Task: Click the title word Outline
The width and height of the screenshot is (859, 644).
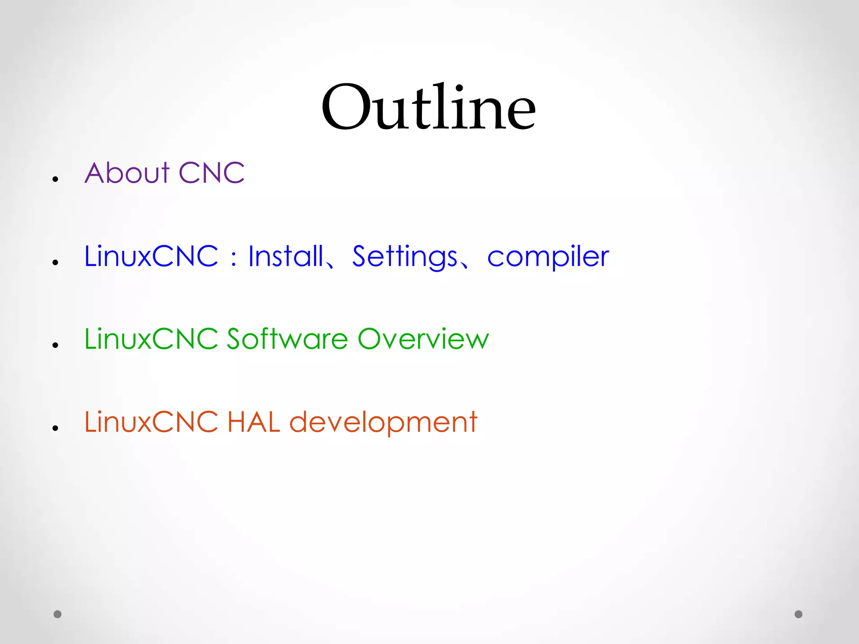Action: point(428,107)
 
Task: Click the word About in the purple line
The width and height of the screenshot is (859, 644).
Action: point(127,173)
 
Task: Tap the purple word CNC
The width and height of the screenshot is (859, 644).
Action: point(211,173)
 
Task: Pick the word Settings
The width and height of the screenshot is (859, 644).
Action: point(405,257)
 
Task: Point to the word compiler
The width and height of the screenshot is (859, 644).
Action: point(548,257)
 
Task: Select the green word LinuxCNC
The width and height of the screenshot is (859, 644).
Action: point(151,338)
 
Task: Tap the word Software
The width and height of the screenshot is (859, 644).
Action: point(287,338)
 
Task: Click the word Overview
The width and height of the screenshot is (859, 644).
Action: point(423,338)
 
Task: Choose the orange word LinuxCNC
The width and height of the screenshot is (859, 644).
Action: point(151,421)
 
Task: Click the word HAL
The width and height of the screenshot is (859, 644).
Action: point(254,421)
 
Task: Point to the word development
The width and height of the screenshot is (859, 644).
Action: point(383,422)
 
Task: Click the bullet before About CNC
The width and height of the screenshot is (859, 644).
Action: point(55,179)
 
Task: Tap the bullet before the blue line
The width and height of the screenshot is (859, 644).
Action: point(55,262)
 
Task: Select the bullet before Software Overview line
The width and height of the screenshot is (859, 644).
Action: point(55,345)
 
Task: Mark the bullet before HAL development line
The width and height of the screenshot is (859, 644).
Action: point(55,428)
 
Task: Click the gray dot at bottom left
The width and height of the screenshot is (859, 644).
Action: point(57,614)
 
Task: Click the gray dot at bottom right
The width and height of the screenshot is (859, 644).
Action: point(799,614)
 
